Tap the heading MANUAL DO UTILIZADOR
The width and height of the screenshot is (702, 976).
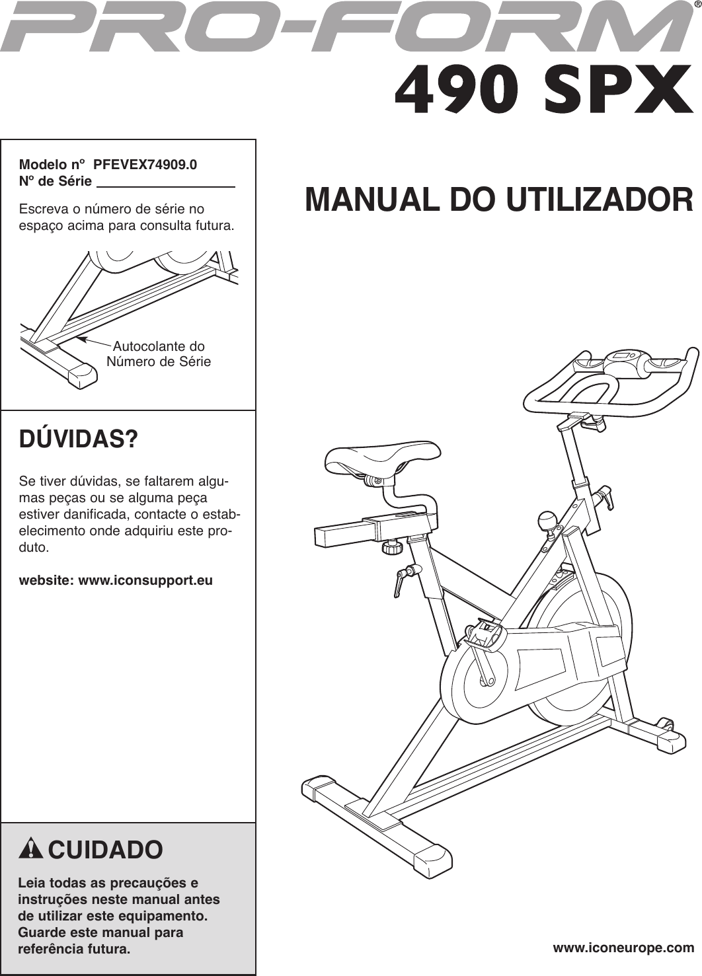point(499,200)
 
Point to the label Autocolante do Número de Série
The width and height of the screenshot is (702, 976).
point(159,354)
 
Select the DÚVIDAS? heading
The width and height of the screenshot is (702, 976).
point(79,439)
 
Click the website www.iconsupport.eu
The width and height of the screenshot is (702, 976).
point(116,581)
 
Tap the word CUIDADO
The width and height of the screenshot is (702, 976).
point(105,850)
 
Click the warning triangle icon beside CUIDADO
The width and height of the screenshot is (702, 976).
point(31,849)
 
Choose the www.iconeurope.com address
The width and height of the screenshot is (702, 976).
point(623,948)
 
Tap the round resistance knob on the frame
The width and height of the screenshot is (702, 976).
point(548,521)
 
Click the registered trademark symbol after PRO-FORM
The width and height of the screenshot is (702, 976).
point(697,7)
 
